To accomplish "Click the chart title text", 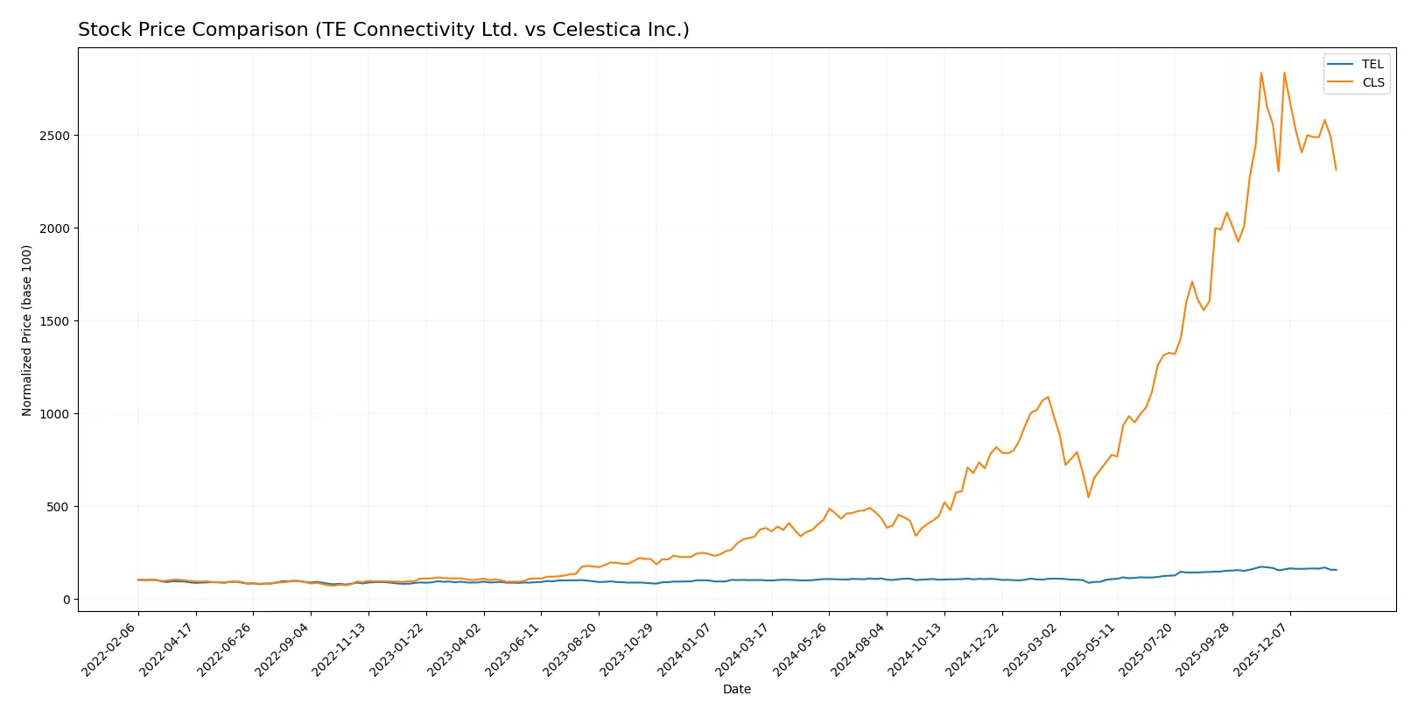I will coord(383,30).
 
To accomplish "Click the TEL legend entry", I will coord(1372,65).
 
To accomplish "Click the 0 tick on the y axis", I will coord(67,600).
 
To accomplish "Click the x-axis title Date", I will coord(736,690).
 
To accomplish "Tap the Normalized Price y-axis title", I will coord(27,330).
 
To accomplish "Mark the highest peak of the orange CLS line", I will coord(1261,73).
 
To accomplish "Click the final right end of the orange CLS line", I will coord(1336,169).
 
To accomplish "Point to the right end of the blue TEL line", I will coord(1336,570).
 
